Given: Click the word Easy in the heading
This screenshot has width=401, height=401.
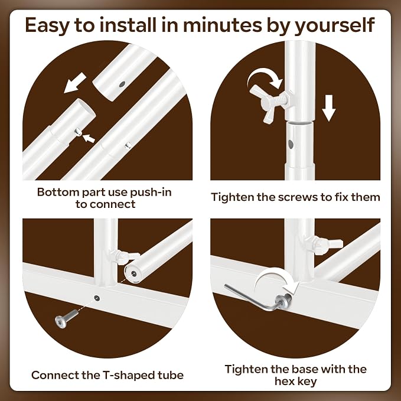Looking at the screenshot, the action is click(x=47, y=25).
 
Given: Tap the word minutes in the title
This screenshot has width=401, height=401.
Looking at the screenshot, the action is click(x=223, y=25).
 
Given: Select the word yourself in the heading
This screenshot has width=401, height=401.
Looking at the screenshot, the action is click(x=335, y=25).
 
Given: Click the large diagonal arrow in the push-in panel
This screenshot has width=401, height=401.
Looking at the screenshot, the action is click(x=75, y=83).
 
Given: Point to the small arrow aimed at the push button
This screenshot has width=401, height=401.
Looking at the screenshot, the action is click(x=89, y=138).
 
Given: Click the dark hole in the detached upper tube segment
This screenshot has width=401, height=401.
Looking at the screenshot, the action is click(x=122, y=84).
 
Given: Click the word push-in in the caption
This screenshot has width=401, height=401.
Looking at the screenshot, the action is click(x=151, y=193).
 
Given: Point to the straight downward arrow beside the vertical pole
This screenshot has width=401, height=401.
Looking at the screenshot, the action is click(x=328, y=108).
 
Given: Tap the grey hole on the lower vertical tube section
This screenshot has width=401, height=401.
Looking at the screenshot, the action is click(x=291, y=144).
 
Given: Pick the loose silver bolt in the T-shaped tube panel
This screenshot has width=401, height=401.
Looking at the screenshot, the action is click(x=66, y=318).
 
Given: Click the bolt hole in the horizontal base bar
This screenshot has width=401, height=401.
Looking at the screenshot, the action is click(x=97, y=298).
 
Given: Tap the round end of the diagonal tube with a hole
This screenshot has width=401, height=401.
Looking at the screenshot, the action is click(x=133, y=274).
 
